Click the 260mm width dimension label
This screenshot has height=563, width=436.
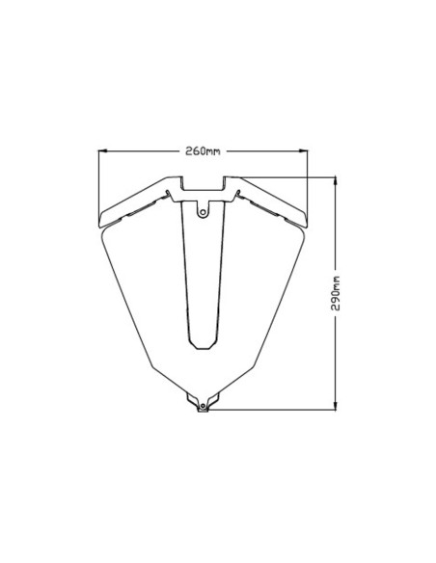coord(203,150)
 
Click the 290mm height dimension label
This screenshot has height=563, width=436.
coord(335,292)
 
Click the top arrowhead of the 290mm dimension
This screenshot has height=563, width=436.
coord(335,180)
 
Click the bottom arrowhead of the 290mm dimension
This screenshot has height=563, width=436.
coord(335,406)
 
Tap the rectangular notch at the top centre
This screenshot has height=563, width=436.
coord(203,184)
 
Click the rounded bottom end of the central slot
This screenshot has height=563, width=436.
coord(203,344)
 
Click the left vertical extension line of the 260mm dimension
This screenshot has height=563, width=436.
coord(100,183)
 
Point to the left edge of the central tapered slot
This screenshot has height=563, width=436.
coord(185,280)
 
